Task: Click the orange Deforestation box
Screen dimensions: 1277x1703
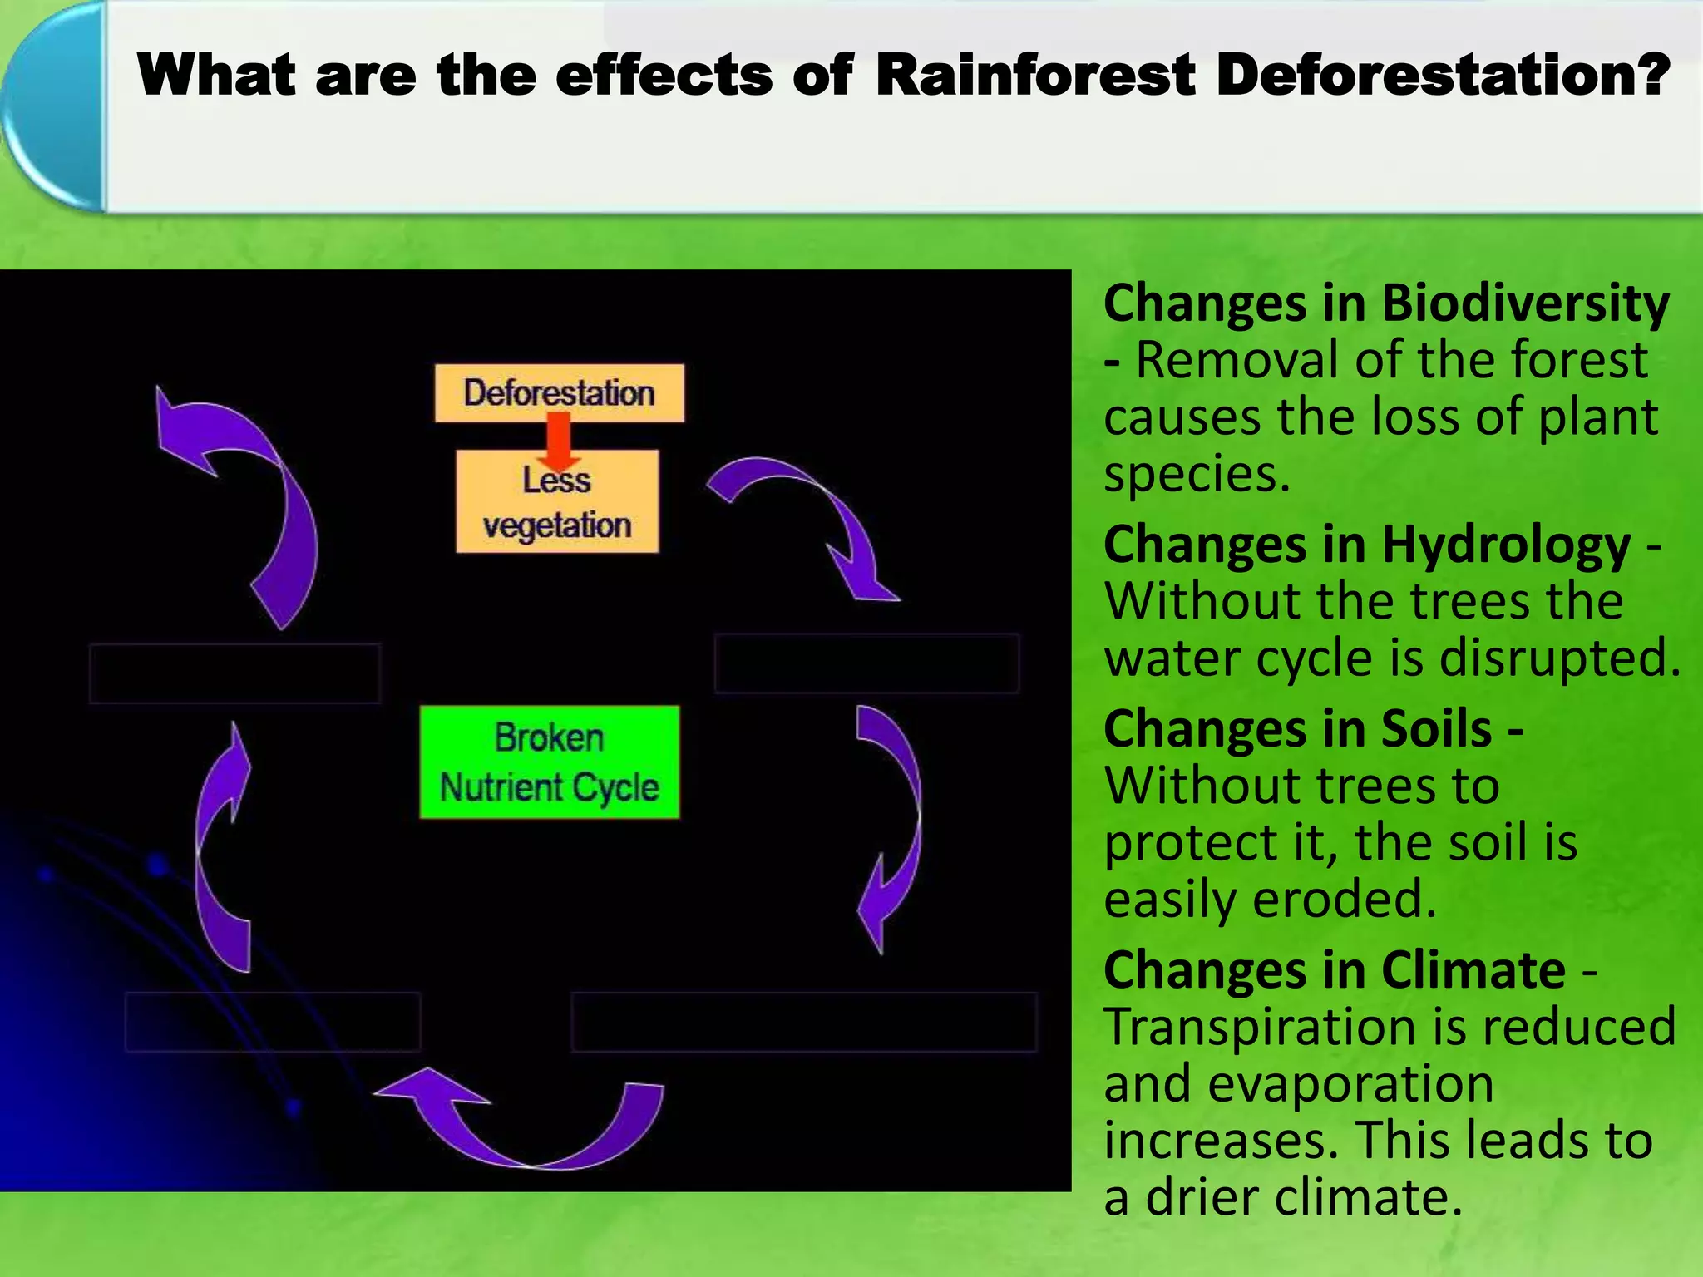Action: (559, 392)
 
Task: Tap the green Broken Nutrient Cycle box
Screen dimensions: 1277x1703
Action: (549, 762)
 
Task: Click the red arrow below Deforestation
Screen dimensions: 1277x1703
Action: (559, 441)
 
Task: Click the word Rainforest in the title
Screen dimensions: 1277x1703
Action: (1034, 75)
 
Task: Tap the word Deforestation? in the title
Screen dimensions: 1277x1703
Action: (1442, 75)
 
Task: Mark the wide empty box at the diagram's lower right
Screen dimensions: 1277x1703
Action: (803, 1021)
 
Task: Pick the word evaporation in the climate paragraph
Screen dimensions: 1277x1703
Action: (1350, 1084)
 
